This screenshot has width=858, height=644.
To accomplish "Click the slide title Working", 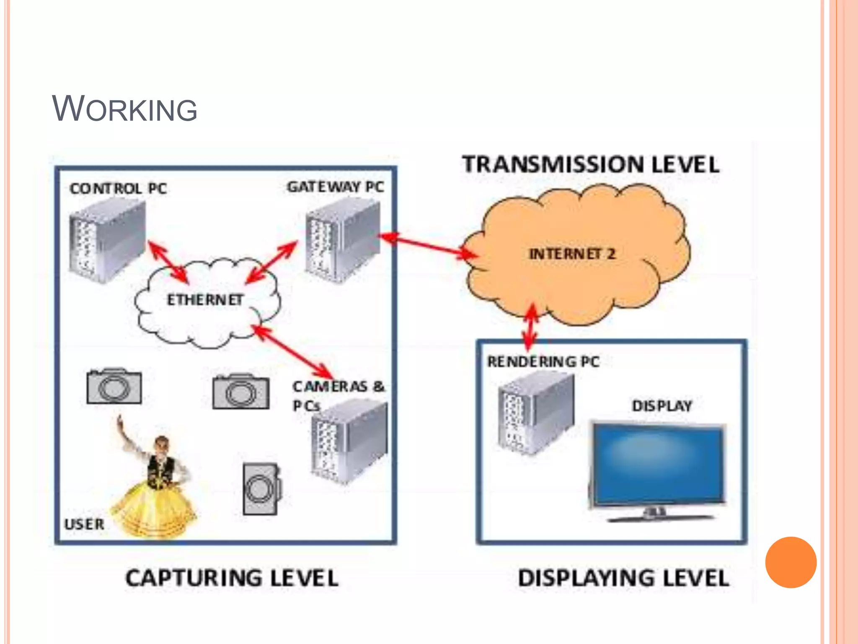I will (x=124, y=109).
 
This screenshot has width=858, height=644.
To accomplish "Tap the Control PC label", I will (x=118, y=189).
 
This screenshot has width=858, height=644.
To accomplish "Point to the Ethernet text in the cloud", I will (x=205, y=300).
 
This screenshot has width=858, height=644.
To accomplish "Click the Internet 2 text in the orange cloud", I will (x=572, y=254).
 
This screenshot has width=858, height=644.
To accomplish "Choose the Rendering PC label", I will (x=543, y=361).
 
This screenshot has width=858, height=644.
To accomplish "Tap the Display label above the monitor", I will (x=662, y=406).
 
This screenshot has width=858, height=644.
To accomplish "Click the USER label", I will (x=84, y=524).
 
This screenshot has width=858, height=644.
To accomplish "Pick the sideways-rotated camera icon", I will (x=261, y=488).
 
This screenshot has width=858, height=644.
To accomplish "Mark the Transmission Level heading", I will (x=591, y=164).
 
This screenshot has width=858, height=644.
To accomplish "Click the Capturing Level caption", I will (x=232, y=578).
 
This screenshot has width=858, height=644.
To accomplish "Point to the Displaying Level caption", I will (x=623, y=578).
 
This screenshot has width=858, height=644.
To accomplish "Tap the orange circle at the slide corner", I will (x=791, y=562).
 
